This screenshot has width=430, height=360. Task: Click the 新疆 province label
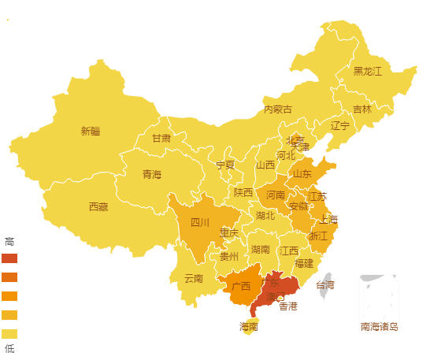91,132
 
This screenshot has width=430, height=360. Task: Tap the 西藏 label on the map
98,207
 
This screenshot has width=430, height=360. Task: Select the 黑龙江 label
367,72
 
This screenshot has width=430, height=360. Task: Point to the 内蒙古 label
278,109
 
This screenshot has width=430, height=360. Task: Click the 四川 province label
199,223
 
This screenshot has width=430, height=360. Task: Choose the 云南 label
194,278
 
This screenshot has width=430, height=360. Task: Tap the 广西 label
241,286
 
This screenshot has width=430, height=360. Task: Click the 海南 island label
248,326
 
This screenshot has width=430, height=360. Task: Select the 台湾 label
325,284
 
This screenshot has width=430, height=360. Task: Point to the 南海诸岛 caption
379,327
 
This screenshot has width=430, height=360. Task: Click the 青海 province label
152,174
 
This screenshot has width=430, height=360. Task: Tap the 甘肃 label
161,138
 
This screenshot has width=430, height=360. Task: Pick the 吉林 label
362,109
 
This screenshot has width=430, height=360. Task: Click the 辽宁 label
340,126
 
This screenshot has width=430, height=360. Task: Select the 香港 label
288,306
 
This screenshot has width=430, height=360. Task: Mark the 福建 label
303,263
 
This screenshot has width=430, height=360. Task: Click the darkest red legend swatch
9,258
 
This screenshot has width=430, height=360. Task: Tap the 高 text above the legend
9,241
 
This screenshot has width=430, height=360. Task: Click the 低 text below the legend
9,348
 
